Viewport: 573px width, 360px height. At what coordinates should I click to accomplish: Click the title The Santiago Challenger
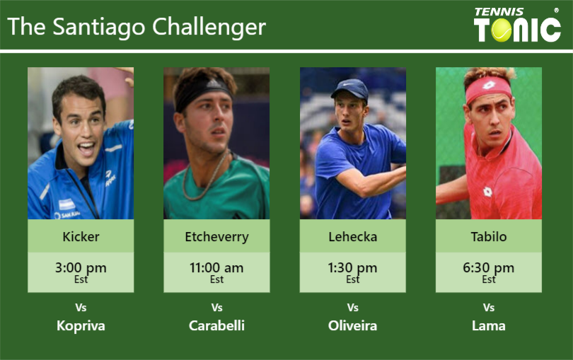pyautogui.click(x=137, y=27)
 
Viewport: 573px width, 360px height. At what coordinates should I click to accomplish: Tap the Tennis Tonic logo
pyautogui.click(x=517, y=25)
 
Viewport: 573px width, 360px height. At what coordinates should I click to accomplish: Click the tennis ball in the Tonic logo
pyautogui.click(x=502, y=30)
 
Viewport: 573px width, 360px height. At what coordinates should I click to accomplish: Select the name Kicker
pyautogui.click(x=81, y=237)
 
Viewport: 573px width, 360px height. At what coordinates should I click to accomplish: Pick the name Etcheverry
pyautogui.click(x=216, y=237)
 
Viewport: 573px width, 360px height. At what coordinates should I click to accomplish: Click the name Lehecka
pyautogui.click(x=352, y=237)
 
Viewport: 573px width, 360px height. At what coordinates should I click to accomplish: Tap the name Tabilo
pyautogui.click(x=489, y=237)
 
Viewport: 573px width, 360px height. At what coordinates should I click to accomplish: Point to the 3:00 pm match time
pyautogui.click(x=81, y=268)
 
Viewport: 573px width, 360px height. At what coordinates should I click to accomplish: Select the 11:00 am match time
pyautogui.click(x=216, y=268)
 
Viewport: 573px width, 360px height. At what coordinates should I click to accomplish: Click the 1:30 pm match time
pyautogui.click(x=352, y=268)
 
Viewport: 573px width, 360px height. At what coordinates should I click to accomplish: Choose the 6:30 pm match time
pyautogui.click(x=489, y=268)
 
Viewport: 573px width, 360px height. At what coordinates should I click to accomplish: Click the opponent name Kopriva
pyautogui.click(x=81, y=326)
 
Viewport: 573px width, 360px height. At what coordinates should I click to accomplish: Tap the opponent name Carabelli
pyautogui.click(x=216, y=326)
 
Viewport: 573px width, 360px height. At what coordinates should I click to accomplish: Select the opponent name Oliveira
pyautogui.click(x=352, y=326)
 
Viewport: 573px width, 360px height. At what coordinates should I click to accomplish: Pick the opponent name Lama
pyautogui.click(x=489, y=326)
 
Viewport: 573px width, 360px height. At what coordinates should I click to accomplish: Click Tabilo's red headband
pyautogui.click(x=487, y=88)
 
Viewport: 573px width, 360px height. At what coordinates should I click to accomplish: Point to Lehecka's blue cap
pyautogui.click(x=350, y=88)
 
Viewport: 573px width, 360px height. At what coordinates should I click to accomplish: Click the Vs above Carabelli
pyautogui.click(x=216, y=308)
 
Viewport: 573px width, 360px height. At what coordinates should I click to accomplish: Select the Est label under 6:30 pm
pyautogui.click(x=489, y=280)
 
